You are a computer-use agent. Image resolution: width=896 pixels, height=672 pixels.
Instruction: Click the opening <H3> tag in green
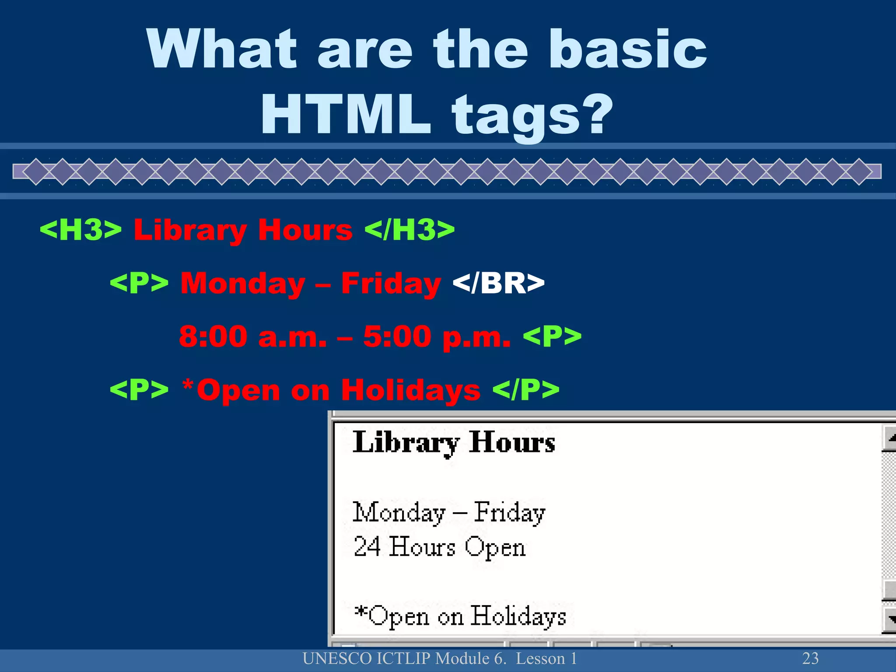pos(80,230)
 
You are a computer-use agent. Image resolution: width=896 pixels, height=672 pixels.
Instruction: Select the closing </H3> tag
pos(409,230)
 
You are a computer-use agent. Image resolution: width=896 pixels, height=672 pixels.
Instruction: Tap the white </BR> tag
pos(498,283)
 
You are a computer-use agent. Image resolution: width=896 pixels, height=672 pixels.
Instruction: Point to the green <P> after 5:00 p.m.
pos(552,336)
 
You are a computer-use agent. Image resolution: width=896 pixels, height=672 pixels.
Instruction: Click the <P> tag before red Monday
pos(139,283)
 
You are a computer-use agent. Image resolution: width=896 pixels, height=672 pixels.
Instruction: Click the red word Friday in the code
pos(391,283)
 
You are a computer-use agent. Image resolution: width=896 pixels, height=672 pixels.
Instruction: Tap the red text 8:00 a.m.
pos(252,336)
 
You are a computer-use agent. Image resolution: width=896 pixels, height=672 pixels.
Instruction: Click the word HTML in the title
pos(346,115)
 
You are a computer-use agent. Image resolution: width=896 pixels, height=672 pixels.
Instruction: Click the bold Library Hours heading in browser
pos(454,442)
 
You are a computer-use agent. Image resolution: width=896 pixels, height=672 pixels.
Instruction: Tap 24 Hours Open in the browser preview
pos(439,547)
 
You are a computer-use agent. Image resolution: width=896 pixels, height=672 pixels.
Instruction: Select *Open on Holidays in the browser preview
pos(460,616)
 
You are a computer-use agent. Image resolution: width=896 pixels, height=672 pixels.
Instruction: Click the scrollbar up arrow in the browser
pos(890,438)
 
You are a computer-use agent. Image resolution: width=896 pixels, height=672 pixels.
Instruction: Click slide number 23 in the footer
pos(810,658)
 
